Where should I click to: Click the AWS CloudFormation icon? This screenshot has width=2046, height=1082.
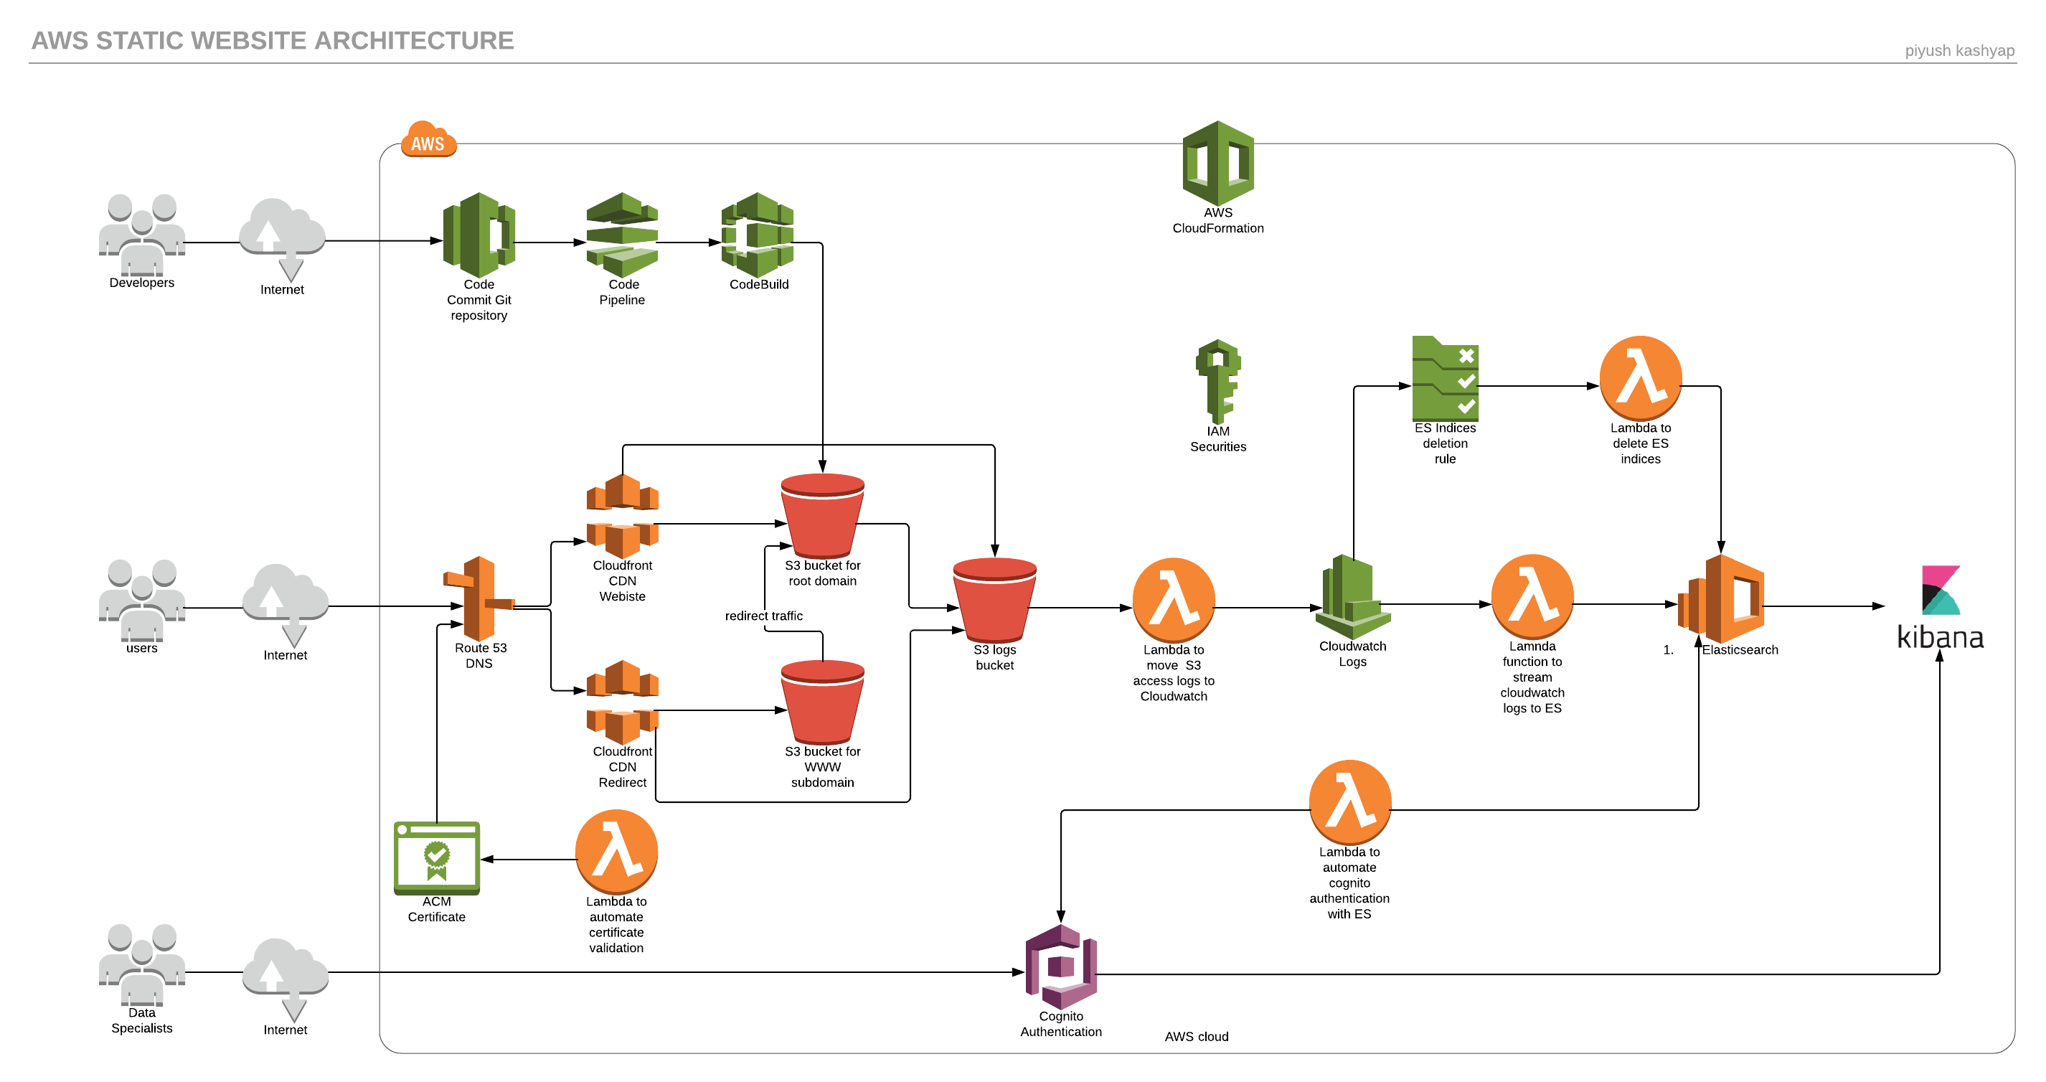[x=1217, y=163]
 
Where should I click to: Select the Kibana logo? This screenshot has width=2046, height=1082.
[x=1940, y=608]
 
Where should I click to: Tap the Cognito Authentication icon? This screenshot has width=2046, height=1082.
[x=1061, y=966]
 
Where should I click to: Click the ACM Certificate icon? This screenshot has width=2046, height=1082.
[x=436, y=858]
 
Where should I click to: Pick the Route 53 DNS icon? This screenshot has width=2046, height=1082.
[x=478, y=598]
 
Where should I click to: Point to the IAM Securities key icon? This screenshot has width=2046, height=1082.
[x=1217, y=381]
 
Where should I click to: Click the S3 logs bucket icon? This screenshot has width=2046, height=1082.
[x=994, y=600]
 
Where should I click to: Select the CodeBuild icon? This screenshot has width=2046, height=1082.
[x=757, y=235]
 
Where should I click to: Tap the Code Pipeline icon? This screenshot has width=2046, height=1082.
[x=622, y=235]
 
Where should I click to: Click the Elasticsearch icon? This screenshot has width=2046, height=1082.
[x=1722, y=599]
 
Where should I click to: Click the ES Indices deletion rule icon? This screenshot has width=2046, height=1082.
[x=1445, y=379]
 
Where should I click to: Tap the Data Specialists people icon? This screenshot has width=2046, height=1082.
[x=141, y=964]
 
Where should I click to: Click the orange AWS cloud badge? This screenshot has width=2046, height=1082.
[x=428, y=140]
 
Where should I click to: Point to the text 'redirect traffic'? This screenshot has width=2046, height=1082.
[x=763, y=616]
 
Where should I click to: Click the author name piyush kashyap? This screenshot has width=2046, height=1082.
[x=1958, y=51]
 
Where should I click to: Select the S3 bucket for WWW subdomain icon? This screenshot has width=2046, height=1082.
[x=822, y=702]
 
